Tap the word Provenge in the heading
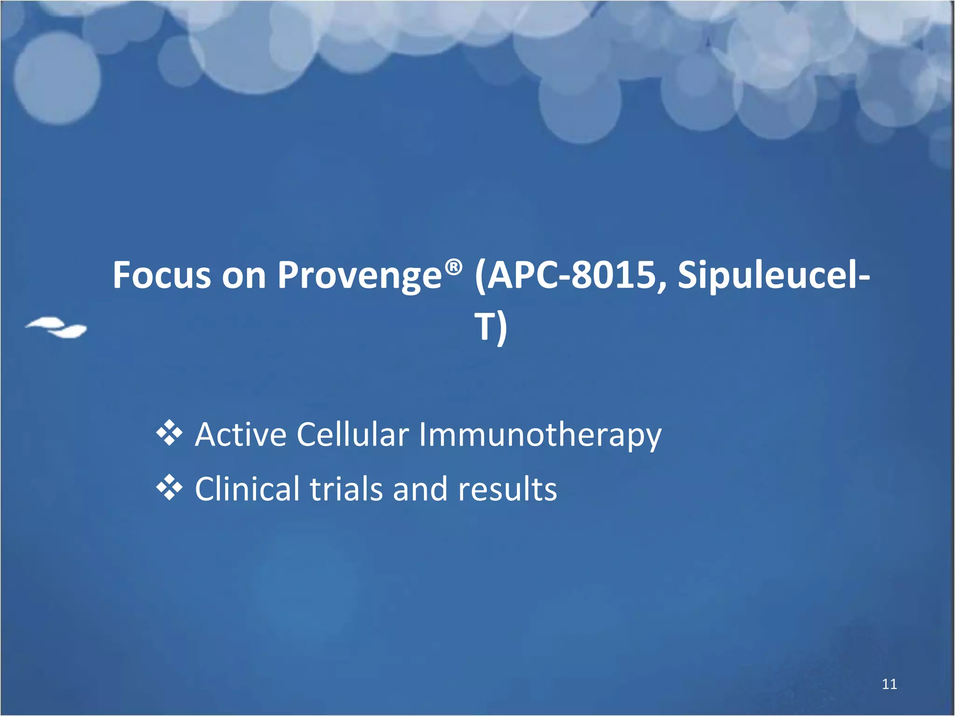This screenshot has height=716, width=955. (360, 276)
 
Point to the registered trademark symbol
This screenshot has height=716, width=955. (453, 267)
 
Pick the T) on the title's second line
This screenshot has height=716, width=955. (490, 327)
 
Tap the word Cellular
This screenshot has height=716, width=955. (353, 434)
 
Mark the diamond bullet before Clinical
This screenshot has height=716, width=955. (169, 488)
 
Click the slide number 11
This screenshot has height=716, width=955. (889, 684)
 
